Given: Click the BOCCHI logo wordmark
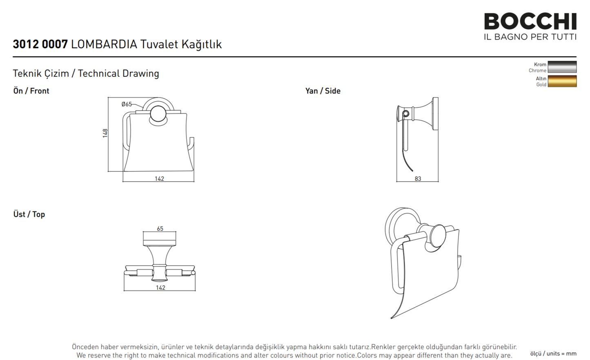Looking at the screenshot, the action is (x=530, y=22).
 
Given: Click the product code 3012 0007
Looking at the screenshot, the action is (x=40, y=44).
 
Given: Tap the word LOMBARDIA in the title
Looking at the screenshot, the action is (x=104, y=44).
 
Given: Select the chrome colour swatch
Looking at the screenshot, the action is (x=562, y=67).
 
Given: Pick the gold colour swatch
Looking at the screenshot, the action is (x=562, y=81).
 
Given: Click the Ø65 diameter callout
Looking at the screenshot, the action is (x=127, y=104).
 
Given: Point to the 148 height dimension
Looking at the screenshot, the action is (x=105, y=133).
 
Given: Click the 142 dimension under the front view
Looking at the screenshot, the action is (x=159, y=179).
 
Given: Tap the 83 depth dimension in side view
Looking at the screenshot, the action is (x=418, y=179).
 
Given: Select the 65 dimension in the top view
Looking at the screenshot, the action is (x=160, y=229).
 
